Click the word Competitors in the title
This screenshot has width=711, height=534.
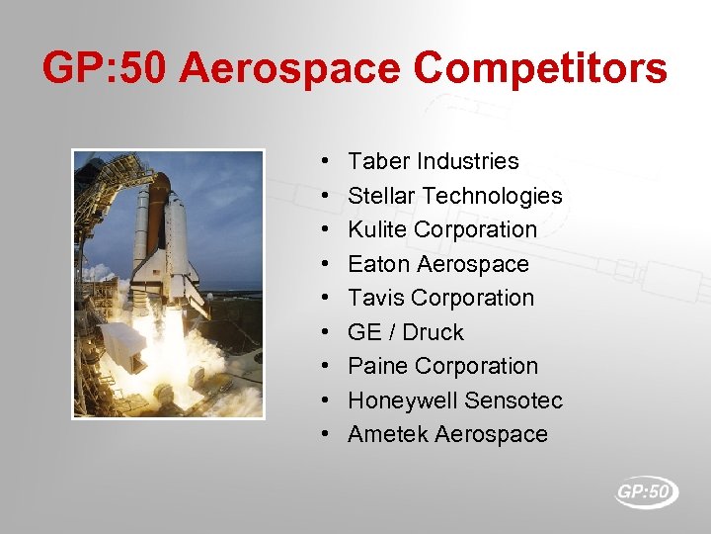pyautogui.click(x=540, y=70)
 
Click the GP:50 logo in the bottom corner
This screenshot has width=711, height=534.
pyautogui.click(x=646, y=491)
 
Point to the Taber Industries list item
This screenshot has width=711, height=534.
pyautogui.click(x=433, y=161)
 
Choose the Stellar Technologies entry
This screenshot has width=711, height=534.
pyautogui.click(x=454, y=196)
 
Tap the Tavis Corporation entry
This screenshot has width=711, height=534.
pyautogui.click(x=440, y=298)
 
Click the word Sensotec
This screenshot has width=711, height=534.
pyautogui.click(x=513, y=400)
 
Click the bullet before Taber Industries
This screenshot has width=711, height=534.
pyautogui.click(x=325, y=161)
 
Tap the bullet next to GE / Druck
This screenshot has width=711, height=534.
pyautogui.click(x=325, y=332)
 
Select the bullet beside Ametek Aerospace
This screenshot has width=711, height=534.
pyautogui.click(x=325, y=434)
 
